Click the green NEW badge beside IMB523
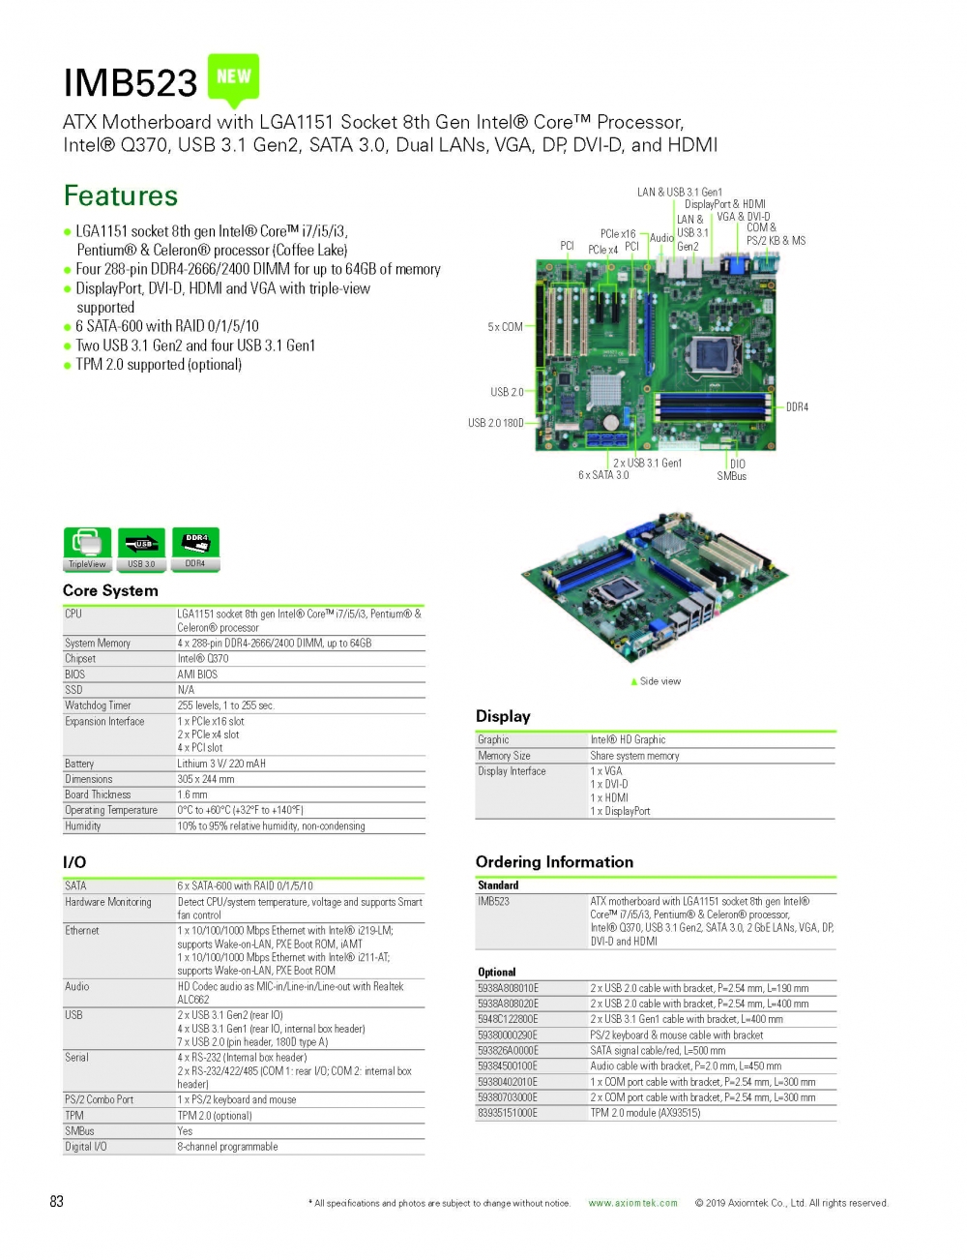pos(233,78)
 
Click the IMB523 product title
pos(131,82)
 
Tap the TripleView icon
pos(87,549)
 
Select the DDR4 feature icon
pos(195,549)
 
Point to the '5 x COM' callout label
pos(505,327)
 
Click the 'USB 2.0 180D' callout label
pos(495,423)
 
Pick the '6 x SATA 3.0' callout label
pos(603,475)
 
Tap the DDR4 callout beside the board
pos(797,407)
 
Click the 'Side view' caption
pos(659,681)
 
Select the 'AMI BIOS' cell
pos(197,675)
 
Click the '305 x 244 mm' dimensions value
pos(206,779)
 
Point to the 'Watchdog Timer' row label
pos(98,705)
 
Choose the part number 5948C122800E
pos(508,1019)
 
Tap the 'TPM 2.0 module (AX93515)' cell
pos(645,1113)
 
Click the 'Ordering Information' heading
pos(554,861)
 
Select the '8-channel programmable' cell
pos(227,1147)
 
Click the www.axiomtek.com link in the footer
pos(632,1203)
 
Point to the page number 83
pos(56,1201)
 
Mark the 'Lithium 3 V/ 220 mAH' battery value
pos(221,764)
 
